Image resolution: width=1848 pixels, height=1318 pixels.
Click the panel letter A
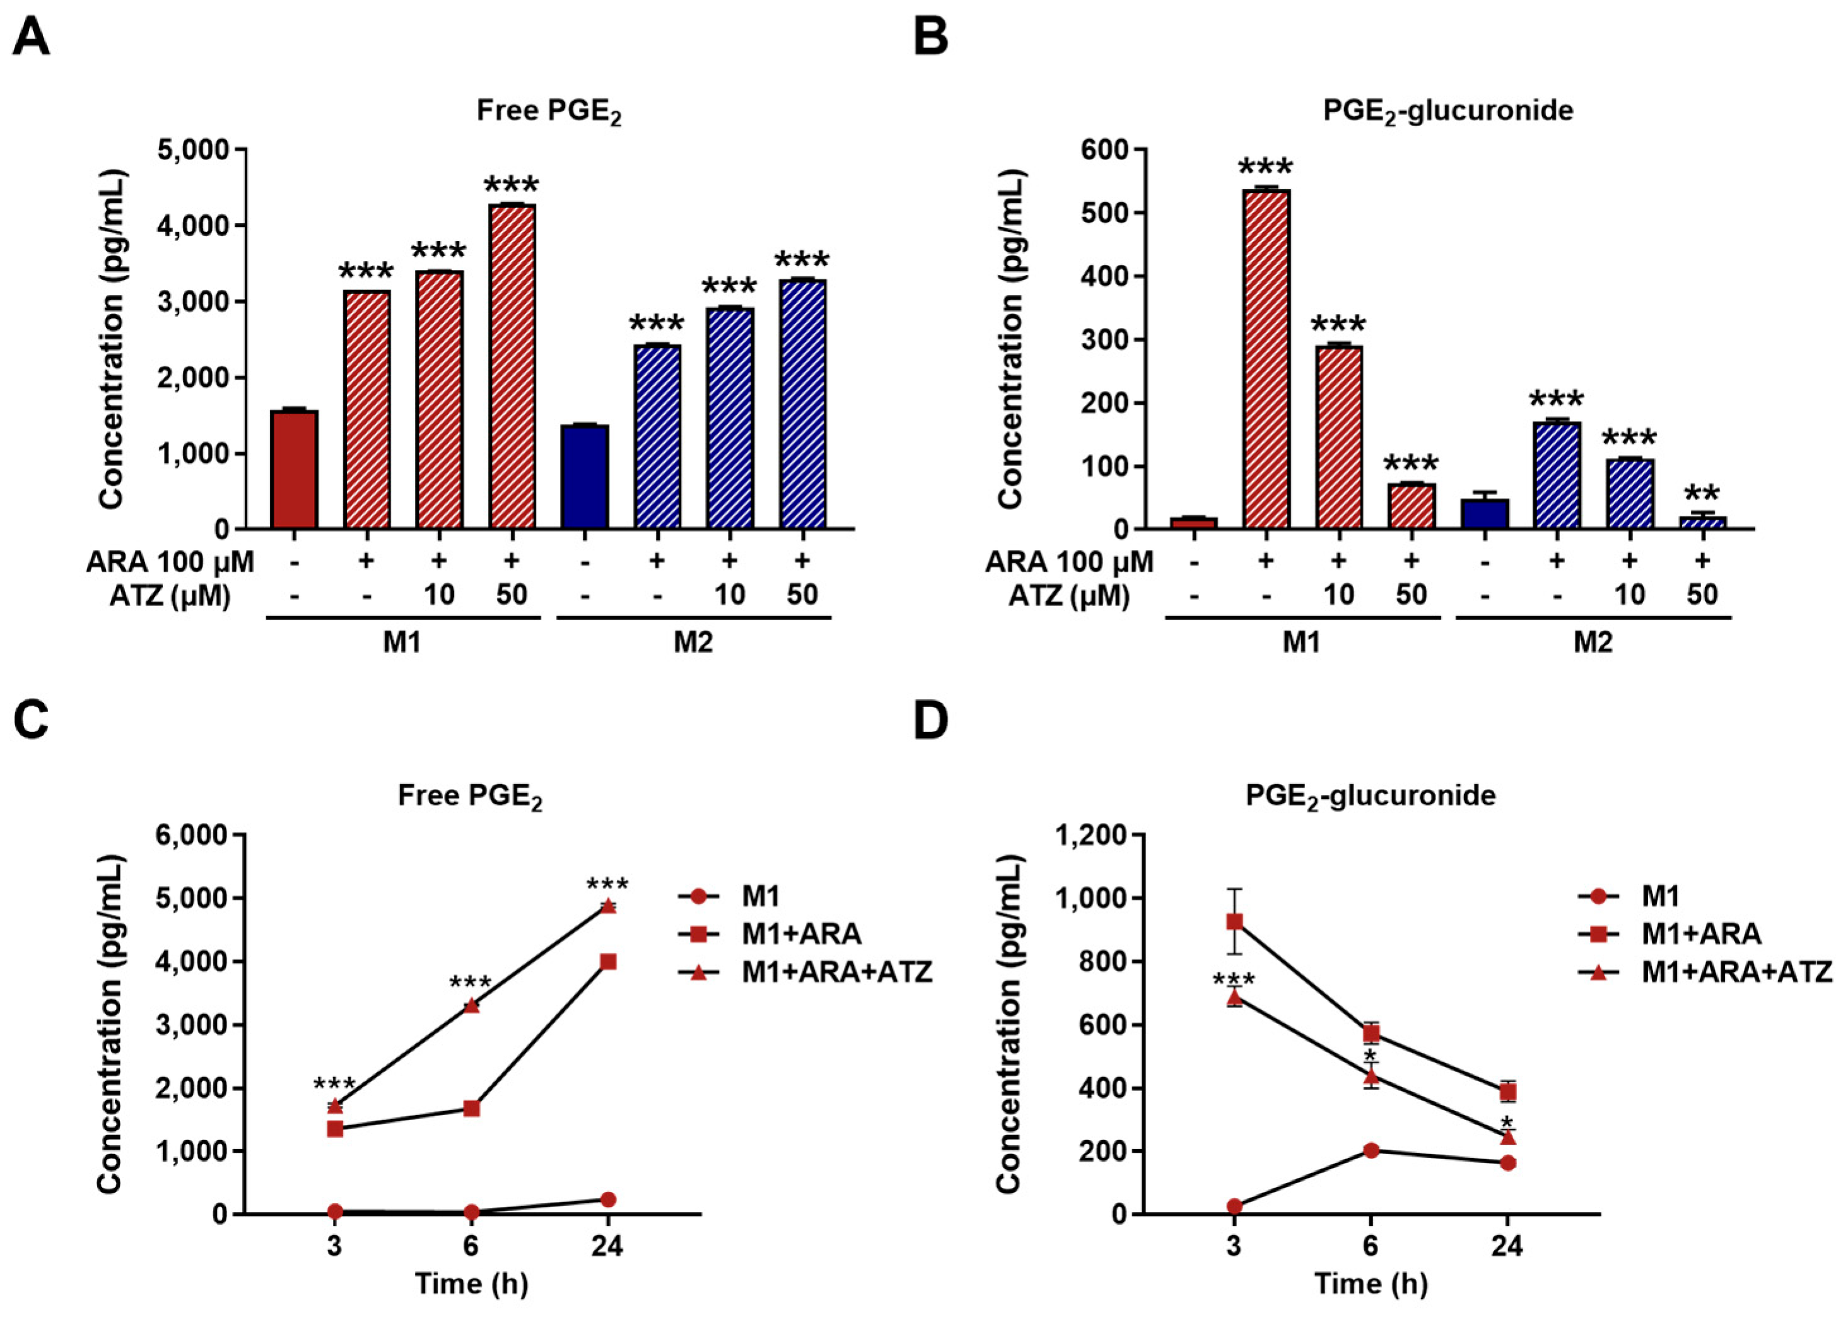point(31,37)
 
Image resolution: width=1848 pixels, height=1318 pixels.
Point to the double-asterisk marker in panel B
point(1702,494)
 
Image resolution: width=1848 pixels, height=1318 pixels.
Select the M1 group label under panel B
point(1301,643)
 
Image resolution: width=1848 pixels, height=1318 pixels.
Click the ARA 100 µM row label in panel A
point(170,562)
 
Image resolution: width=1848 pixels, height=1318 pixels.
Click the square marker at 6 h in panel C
point(471,1109)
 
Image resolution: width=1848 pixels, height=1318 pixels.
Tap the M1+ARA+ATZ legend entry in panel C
point(836,971)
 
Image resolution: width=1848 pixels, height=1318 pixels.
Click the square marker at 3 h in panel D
point(1234,922)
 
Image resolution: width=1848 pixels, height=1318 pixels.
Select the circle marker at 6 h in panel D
point(1371,1151)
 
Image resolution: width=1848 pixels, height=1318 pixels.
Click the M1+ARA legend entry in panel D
point(1701,934)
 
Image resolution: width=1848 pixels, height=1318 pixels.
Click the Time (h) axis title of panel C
point(471,1283)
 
